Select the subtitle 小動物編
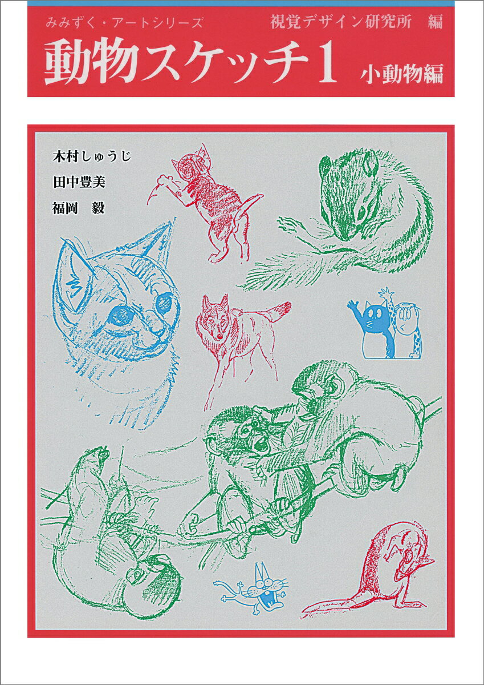[x=401, y=75]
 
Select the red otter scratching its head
[x=388, y=571]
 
